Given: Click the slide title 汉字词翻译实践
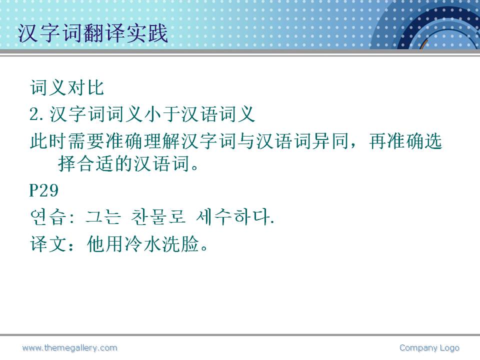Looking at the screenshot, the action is (x=93, y=33).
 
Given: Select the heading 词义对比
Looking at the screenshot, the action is (x=67, y=88).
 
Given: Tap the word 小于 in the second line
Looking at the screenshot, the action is (x=162, y=114).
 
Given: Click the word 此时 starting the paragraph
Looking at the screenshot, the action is (x=48, y=141).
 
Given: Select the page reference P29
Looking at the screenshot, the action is (x=44, y=190).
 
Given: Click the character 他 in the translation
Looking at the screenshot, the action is (x=96, y=244).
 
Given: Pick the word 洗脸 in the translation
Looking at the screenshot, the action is (x=180, y=244).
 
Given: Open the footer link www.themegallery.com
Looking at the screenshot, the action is (x=70, y=348).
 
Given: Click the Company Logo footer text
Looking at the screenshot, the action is (x=429, y=348).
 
